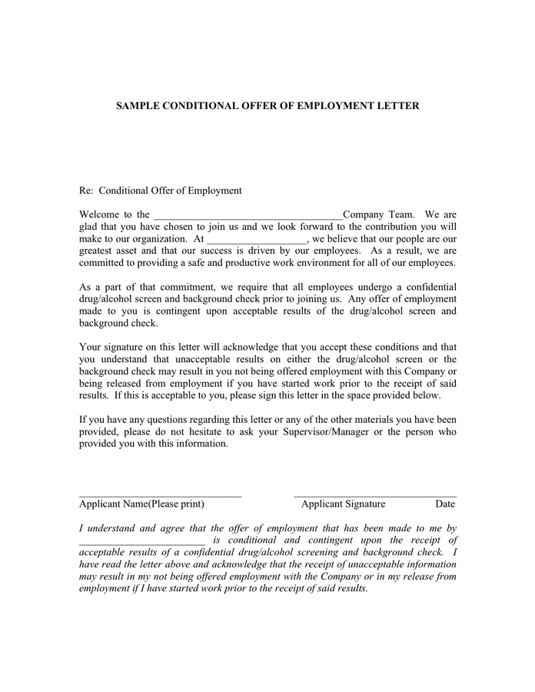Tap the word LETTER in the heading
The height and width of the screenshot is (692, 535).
click(397, 105)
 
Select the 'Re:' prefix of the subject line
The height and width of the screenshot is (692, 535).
click(87, 191)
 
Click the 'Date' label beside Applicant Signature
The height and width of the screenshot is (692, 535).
click(445, 504)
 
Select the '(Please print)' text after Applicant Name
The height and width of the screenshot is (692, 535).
click(176, 504)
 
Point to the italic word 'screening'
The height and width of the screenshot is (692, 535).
click(309, 552)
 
